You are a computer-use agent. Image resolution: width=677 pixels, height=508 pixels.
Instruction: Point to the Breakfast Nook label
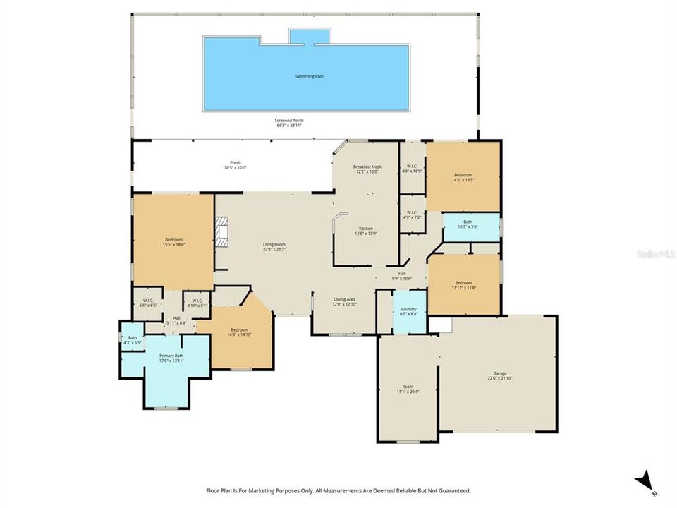pos(367,167)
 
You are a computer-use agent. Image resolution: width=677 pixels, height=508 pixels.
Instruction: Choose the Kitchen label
pos(366,229)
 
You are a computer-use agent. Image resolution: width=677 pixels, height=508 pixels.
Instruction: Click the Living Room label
pos(274,245)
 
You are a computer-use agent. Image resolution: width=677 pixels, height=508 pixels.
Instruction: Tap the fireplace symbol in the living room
pos(223,232)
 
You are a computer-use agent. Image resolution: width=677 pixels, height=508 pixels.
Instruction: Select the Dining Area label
pos(345,299)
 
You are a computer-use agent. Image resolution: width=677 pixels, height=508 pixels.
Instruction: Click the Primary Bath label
pos(171,356)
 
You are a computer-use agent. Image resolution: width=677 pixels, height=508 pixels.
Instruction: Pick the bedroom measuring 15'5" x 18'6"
pos(173,242)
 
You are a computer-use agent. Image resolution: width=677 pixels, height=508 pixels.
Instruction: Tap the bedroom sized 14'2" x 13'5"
pos(463,176)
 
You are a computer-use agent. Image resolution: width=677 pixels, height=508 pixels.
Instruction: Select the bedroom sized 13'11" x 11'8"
pos(463,284)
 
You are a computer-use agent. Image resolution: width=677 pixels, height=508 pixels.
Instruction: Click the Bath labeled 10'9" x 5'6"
pos(471,224)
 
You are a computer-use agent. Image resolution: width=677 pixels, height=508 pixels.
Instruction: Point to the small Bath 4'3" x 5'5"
pos(132,340)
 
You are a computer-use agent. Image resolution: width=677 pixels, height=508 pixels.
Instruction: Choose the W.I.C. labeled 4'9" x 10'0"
pos(411,168)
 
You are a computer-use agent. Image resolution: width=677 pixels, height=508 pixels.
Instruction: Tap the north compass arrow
pos(644,483)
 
